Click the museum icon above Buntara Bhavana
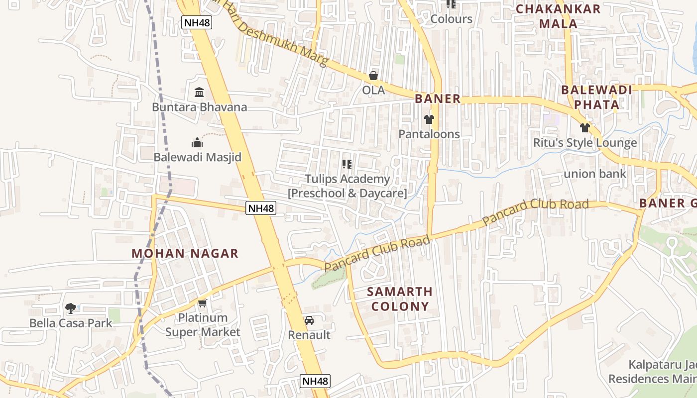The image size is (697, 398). [x=199, y=92]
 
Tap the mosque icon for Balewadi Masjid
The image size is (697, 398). [x=197, y=143]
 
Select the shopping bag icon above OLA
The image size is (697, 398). [x=373, y=76]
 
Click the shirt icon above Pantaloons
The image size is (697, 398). [x=429, y=119]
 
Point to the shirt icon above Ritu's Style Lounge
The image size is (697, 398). [x=585, y=128]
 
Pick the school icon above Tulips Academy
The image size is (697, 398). [x=347, y=164]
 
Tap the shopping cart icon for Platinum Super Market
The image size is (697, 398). [x=202, y=303]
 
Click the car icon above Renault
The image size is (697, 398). [x=309, y=320]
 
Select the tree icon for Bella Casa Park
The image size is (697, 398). [x=71, y=308]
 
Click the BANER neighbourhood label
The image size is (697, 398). [x=438, y=99]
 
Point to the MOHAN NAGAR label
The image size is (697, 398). [x=185, y=253]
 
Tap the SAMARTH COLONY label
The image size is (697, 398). [x=400, y=298]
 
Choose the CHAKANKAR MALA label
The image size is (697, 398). [x=558, y=16]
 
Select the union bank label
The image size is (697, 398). [x=595, y=174]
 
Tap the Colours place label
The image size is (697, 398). [x=451, y=19]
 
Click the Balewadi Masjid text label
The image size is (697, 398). [x=197, y=157]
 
